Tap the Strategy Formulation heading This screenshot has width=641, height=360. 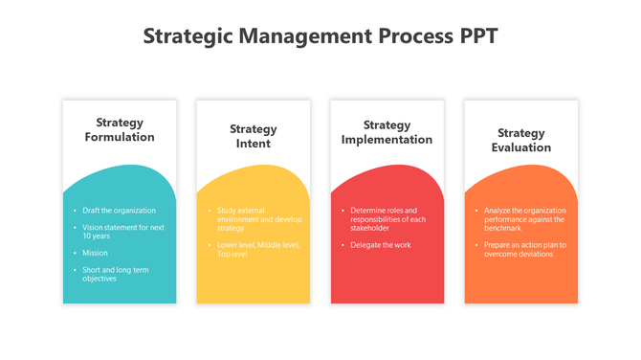(120, 129)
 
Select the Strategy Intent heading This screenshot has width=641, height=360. (254, 136)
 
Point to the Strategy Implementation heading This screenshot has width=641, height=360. (387, 132)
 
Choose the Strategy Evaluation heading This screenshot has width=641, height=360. (521, 140)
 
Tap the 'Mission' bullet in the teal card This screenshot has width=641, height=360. (96, 253)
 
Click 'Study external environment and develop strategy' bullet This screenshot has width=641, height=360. (253, 219)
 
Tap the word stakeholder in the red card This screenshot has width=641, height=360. (370, 228)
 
